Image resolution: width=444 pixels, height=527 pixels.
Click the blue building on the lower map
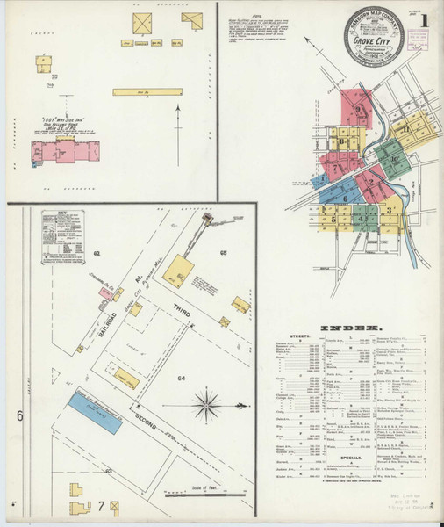(x=96, y=412)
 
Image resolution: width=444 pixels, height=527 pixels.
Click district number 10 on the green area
(x=396, y=159)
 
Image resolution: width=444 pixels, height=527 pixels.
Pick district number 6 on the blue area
(x=346, y=199)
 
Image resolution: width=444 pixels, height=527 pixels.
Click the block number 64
(x=180, y=379)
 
